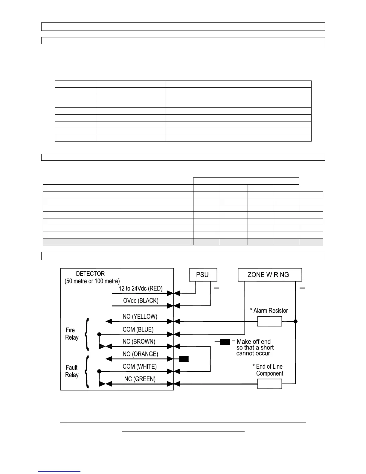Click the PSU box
tap(203, 275)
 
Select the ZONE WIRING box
tap(270, 275)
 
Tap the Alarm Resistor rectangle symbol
tap(269, 322)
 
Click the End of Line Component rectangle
tap(269, 384)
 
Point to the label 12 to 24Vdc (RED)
tap(141, 288)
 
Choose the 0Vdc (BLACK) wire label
tap(141, 301)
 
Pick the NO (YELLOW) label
tap(140, 317)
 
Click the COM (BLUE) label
tap(138, 329)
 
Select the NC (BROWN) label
tap(139, 341)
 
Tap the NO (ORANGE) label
tap(140, 354)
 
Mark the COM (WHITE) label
tap(139, 367)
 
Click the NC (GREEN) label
tap(140, 379)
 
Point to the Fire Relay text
tap(72, 334)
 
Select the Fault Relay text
tap(71, 371)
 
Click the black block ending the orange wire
tap(184, 358)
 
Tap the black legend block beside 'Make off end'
tap(225, 342)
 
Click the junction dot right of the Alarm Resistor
tap(295, 321)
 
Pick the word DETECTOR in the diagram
tap(90, 274)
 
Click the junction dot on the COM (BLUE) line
tap(99, 334)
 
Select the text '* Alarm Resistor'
tap(269, 311)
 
